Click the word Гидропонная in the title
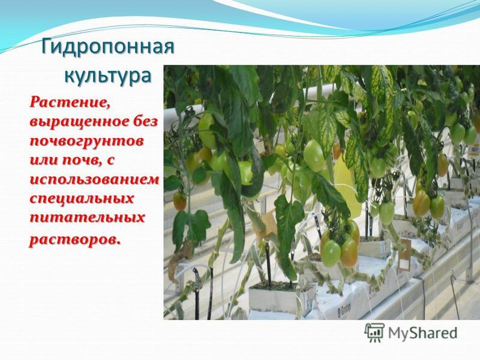(108, 47)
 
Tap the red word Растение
(70, 101)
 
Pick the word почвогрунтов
(86, 142)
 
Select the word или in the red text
(44, 161)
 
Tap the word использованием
(94, 179)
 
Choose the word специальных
(82, 199)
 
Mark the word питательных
(87, 218)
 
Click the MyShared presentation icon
(374, 333)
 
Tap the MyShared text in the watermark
(422, 333)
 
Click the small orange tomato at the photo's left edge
(179, 201)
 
